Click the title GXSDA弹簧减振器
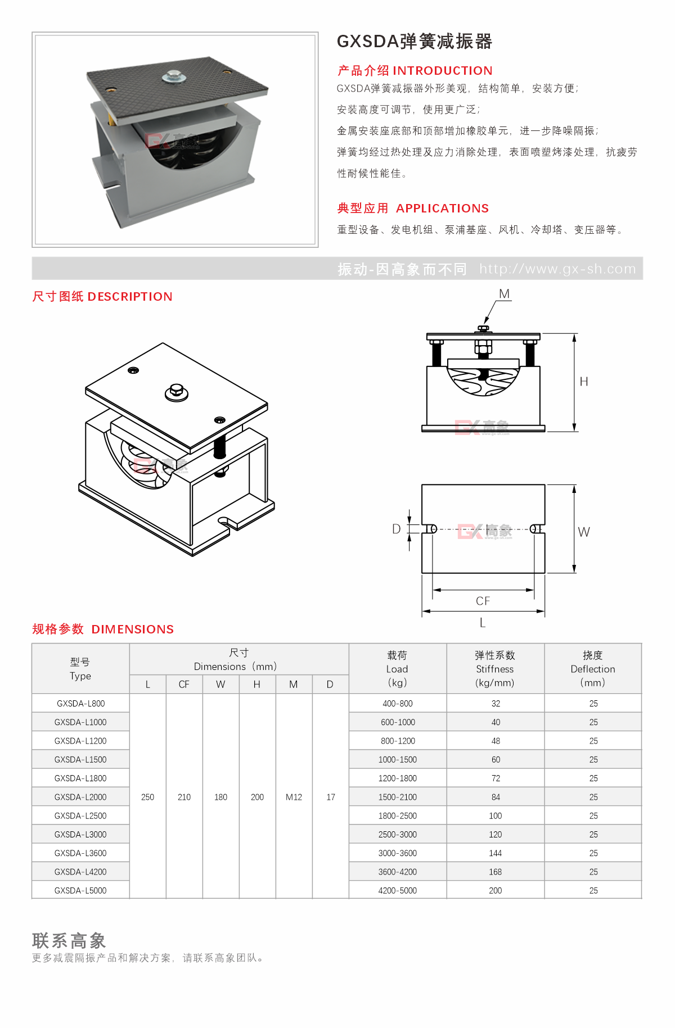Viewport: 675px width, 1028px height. pos(414,42)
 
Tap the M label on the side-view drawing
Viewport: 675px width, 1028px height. pos(504,294)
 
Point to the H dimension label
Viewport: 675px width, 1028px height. pos(584,382)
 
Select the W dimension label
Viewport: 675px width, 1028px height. pos(584,532)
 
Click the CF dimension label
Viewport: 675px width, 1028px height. pos(483,601)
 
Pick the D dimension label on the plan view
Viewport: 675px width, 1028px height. pos(397,529)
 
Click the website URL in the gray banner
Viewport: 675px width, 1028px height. pos(557,269)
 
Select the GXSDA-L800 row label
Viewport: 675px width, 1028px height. pos(80,704)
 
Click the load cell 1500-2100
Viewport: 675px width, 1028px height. pos(398,797)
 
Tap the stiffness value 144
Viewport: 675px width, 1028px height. pos(496,853)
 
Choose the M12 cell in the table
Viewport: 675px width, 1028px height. pos(294,797)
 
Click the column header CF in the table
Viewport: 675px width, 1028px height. pos(184,685)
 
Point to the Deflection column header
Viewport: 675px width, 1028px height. pos(593,669)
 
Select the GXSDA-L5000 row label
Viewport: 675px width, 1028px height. pos(80,891)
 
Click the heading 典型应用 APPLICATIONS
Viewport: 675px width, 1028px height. pos(413,209)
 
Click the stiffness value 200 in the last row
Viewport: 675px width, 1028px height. pos(496,891)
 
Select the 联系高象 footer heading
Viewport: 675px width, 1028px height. pos(69,940)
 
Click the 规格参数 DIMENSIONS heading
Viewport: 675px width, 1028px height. pos(103,630)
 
